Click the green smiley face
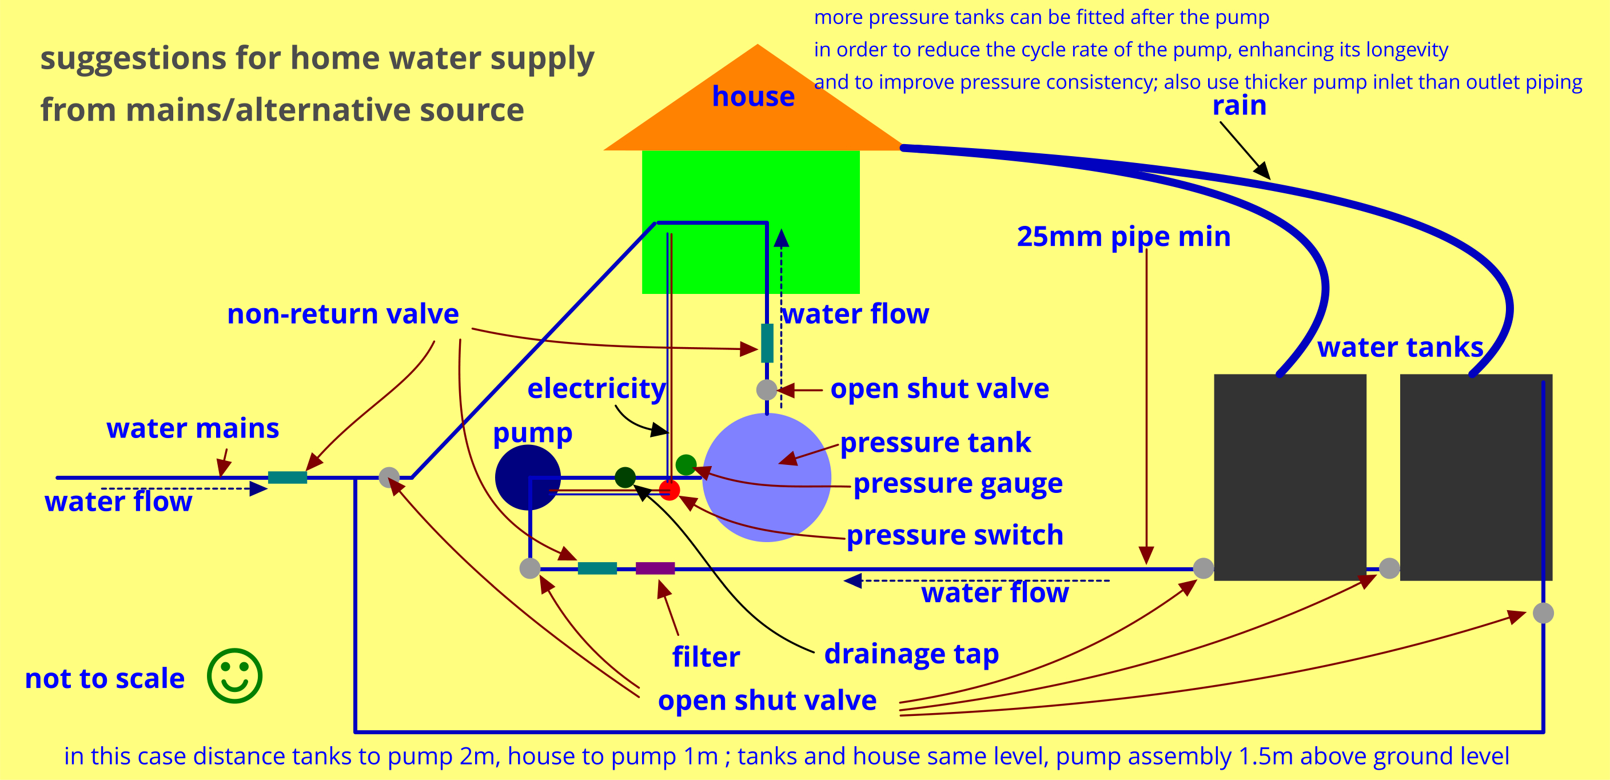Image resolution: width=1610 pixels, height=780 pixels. [234, 675]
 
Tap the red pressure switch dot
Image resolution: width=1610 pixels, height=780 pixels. [669, 490]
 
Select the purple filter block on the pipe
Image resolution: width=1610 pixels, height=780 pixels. [655, 568]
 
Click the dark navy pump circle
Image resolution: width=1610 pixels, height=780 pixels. [527, 477]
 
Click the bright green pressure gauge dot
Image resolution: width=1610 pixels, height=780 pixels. [686, 464]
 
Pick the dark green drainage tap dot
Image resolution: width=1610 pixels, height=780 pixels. [625, 477]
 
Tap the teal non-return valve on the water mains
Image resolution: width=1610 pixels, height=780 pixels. [288, 477]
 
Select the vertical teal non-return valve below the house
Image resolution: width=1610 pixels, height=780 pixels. [767, 343]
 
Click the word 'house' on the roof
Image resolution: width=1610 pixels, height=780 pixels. [753, 96]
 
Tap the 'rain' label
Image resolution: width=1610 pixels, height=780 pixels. [1239, 106]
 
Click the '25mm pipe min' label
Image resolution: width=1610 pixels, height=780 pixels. [1123, 237]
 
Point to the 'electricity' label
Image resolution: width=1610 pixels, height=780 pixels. [596, 388]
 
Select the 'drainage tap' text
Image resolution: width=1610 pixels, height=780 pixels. [911, 654]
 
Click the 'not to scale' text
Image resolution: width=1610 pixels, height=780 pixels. [105, 678]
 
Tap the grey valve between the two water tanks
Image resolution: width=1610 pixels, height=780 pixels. [1389, 568]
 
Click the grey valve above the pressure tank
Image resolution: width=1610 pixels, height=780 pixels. [767, 390]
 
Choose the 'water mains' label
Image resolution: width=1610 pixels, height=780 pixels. [193, 428]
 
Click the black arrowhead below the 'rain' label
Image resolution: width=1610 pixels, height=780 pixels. [1263, 170]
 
